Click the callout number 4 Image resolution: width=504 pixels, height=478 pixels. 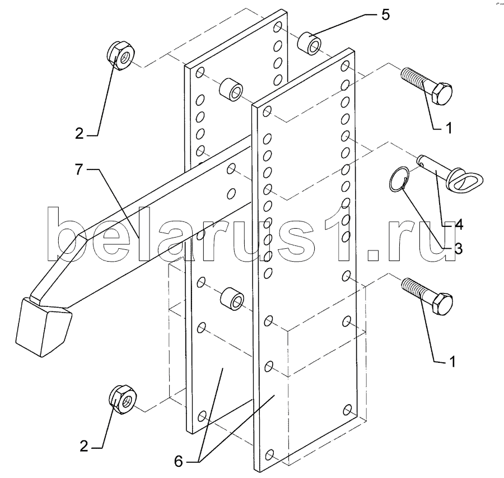tap(459, 226)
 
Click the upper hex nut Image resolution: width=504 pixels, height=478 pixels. tap(119, 55)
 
